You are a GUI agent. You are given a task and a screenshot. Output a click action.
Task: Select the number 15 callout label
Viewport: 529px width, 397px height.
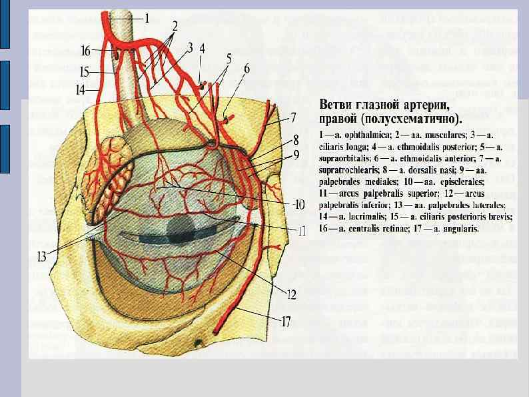click(x=85, y=70)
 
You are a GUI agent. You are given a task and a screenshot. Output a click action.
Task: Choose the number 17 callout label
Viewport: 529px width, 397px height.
click(x=286, y=322)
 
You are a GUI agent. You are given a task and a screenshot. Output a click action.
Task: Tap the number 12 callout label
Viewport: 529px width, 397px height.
click(x=291, y=292)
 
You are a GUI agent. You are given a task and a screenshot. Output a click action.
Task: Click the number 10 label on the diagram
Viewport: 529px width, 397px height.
click(x=300, y=205)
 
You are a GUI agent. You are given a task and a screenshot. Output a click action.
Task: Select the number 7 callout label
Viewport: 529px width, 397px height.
click(x=292, y=118)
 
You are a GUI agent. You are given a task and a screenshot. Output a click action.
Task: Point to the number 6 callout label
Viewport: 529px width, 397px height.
click(x=247, y=69)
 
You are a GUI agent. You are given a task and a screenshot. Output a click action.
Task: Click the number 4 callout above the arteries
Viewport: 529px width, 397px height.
click(x=202, y=48)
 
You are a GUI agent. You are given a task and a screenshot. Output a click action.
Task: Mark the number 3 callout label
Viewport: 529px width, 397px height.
click(x=190, y=47)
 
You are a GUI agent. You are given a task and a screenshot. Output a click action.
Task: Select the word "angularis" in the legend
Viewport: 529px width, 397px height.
click(x=460, y=228)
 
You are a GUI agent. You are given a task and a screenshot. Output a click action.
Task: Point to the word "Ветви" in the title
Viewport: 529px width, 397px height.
click(x=338, y=105)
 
